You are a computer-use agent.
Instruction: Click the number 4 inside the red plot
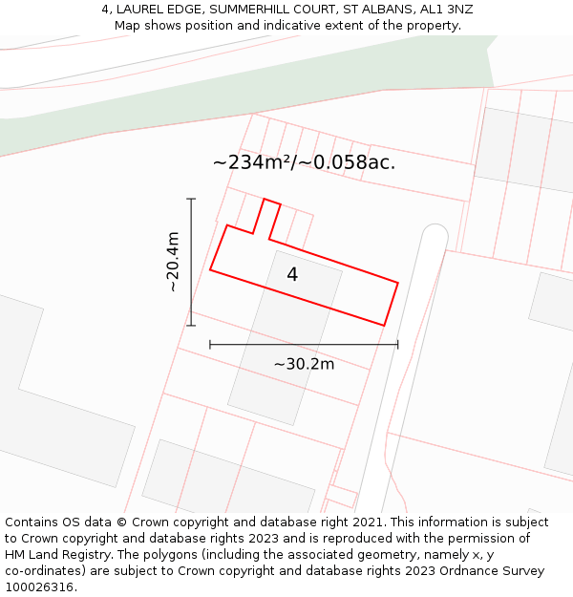pos(292,275)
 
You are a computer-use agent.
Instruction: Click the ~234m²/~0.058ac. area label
pos(304,162)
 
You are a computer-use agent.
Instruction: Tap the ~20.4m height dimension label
pos(172,262)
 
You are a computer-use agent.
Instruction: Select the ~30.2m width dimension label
pos(304,364)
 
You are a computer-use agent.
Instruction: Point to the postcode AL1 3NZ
pos(447,10)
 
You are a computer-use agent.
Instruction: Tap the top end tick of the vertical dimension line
pos(191,199)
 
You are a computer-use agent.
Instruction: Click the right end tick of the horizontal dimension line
pos(398,344)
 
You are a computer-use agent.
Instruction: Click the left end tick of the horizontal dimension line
pos(210,344)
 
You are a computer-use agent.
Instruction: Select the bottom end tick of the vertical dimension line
pos(191,326)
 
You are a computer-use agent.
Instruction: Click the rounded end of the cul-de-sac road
pos(435,233)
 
